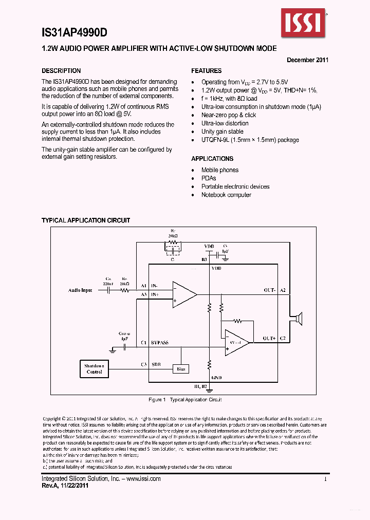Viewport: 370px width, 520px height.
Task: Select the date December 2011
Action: pyautogui.click(x=307, y=60)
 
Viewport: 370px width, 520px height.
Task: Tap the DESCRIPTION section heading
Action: pyautogui.click(x=61, y=71)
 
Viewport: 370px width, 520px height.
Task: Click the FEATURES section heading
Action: pyautogui.click(x=207, y=71)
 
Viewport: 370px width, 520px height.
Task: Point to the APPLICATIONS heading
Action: pyautogui.click(x=212, y=159)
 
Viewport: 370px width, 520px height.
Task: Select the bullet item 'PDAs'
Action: pyautogui.click(x=209, y=178)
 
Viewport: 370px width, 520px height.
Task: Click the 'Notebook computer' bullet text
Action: pyautogui.click(x=226, y=195)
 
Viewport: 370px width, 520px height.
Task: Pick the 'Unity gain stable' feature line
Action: pyautogui.click(x=222, y=132)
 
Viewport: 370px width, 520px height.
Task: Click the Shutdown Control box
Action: pyautogui.click(x=95, y=368)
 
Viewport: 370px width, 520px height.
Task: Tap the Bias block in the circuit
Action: pyautogui.click(x=181, y=368)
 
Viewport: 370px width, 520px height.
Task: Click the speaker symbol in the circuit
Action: pyautogui.click(x=298, y=319)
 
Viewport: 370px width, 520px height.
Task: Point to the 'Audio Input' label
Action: pyautogui.click(x=81, y=290)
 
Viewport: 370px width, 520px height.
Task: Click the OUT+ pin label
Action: pyautogui.click(x=270, y=338)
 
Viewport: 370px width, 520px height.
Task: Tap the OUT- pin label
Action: pyautogui.click(x=270, y=290)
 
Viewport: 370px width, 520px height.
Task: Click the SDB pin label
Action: pyautogui.click(x=156, y=364)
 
